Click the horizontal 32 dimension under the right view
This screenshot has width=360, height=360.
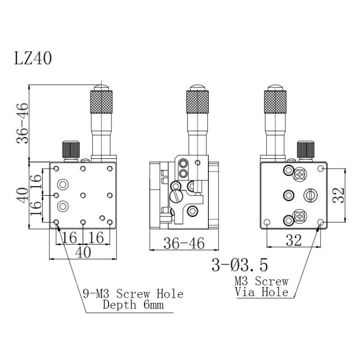coord(294,240)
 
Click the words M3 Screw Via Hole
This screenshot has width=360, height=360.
coord(262,286)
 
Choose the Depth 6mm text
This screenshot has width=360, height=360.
coord(133,304)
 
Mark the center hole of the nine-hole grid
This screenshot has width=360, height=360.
coord(84,195)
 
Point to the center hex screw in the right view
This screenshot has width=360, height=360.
coord(288,195)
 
